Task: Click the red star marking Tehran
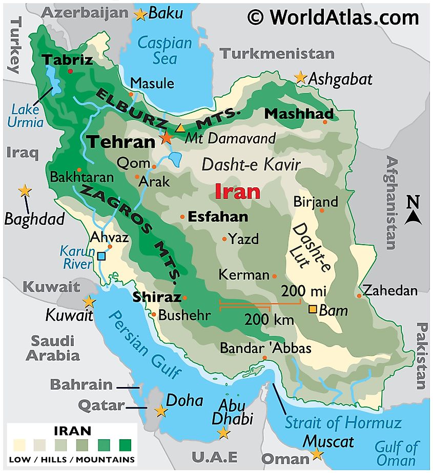[167, 137]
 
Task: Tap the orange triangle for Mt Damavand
[179, 128]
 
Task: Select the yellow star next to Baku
[140, 15]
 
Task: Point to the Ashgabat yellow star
[300, 77]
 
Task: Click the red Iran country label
[237, 192]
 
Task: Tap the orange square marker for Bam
[312, 309]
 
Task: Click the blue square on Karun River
[101, 256]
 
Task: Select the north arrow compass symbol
[413, 211]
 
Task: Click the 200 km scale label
[269, 320]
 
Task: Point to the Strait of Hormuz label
[343, 423]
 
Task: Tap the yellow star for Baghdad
[25, 191]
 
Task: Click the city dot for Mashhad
[325, 122]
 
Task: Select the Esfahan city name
[218, 217]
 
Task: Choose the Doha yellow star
[161, 411]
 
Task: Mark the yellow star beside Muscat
[317, 454]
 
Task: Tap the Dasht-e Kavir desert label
[251, 164]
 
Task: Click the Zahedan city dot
[359, 295]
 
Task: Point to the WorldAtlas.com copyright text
[333, 17]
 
